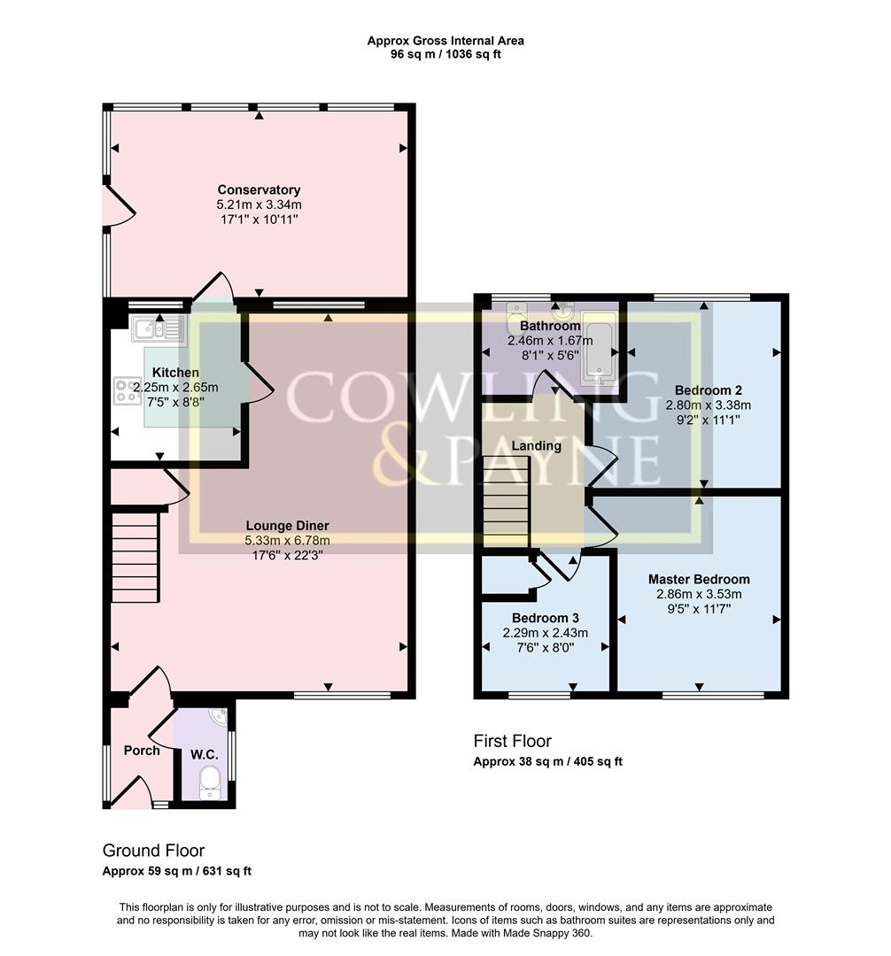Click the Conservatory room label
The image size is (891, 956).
259,189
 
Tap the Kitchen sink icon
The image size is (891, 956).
159,328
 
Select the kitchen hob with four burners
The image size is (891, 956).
128,391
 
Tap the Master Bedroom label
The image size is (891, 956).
699,579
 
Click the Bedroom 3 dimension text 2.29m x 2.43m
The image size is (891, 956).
546,633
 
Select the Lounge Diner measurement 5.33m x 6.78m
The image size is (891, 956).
287,540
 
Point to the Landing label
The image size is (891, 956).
537,445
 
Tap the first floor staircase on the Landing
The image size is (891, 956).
506,501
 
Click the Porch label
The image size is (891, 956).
142,751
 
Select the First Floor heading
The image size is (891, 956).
512,742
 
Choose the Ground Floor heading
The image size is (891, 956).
153,851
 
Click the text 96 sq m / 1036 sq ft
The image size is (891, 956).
445,54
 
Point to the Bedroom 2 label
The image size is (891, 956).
708,390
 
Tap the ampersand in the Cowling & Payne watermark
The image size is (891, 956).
392,458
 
